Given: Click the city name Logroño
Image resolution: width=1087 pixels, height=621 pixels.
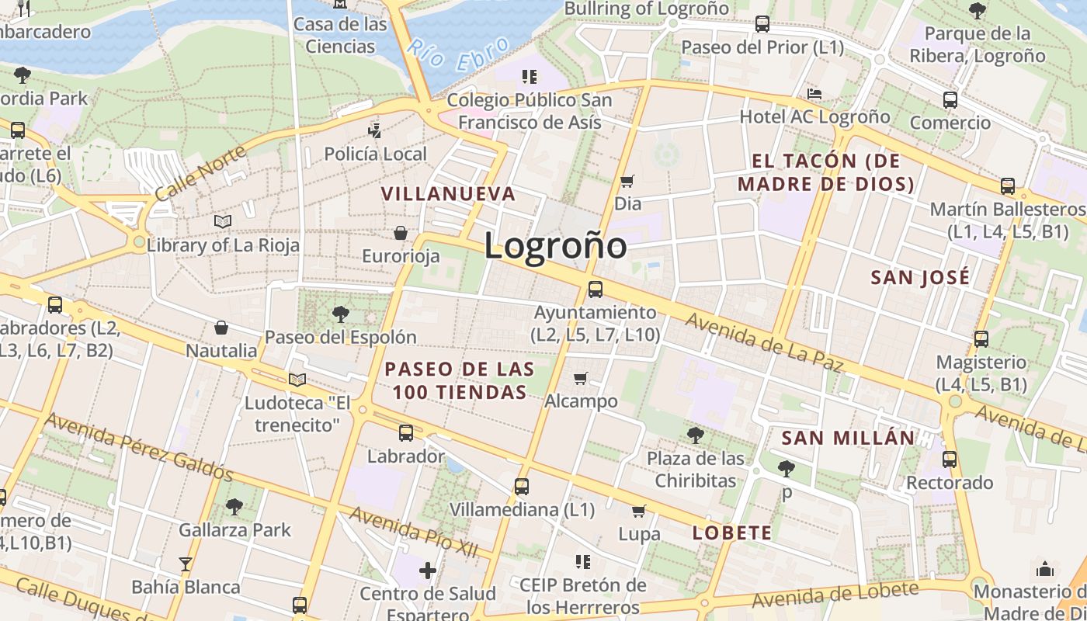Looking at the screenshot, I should click(555, 246).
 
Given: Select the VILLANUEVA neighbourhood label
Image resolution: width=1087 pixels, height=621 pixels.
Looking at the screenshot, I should click(448, 194).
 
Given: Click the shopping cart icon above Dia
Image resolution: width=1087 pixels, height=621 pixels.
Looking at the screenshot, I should click(627, 182).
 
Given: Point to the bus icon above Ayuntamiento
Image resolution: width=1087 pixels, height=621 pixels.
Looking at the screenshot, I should click(596, 290).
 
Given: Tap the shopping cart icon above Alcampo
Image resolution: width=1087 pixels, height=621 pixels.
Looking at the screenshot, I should click(580, 379).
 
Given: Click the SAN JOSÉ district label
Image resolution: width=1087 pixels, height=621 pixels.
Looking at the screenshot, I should click(920, 277).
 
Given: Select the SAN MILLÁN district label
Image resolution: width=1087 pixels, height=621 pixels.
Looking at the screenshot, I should click(848, 438).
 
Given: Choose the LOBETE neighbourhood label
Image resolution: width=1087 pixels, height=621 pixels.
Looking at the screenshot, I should click(732, 533).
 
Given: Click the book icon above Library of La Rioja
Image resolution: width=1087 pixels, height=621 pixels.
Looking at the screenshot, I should click(223, 222).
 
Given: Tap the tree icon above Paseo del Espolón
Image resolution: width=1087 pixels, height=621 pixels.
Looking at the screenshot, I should click(340, 314).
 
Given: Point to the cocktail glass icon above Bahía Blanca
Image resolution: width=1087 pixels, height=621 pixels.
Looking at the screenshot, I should click(186, 564).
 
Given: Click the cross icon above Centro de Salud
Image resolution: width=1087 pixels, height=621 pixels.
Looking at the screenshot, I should click(427, 571).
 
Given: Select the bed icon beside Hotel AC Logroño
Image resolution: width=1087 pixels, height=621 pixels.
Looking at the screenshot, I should click(814, 94).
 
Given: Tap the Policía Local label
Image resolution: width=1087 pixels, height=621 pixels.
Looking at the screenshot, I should click(375, 154).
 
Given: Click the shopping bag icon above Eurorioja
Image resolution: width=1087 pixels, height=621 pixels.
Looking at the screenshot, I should click(401, 233).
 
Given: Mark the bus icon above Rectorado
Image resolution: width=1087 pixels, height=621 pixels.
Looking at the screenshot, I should click(950, 460).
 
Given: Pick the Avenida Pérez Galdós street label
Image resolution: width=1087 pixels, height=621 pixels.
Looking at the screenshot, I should click(138, 446).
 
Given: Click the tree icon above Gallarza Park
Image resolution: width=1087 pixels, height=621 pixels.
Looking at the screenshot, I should click(234, 508).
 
